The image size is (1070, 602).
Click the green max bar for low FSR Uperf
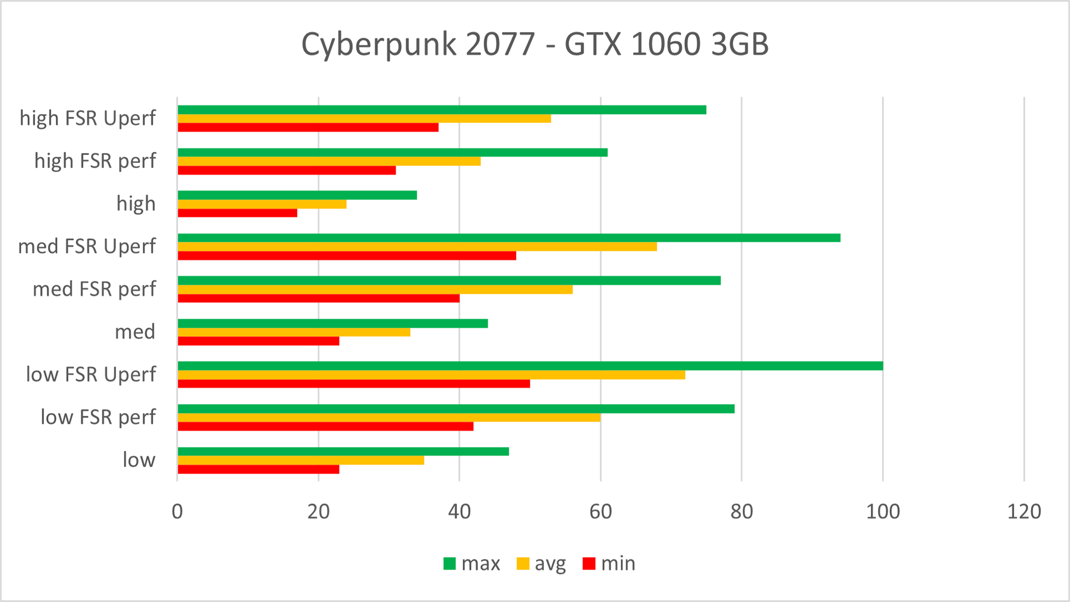coord(529,366)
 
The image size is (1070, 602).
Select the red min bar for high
coord(237,213)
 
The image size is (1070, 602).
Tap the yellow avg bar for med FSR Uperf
coord(417,246)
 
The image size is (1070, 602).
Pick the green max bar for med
coord(333,323)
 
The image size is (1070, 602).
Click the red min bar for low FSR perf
coord(325,426)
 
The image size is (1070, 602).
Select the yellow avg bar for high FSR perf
coord(329,161)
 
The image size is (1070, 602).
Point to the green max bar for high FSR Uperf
coord(442,110)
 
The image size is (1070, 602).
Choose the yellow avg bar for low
coord(301,460)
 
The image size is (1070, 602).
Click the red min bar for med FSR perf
coord(319,298)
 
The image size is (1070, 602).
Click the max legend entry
coord(472,564)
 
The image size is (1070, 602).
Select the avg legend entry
coord(542,564)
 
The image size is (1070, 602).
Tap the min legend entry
coord(609,564)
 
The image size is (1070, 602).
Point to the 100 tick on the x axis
coord(883,512)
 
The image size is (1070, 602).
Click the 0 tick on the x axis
coord(177,512)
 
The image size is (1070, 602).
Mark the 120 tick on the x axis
coord(1024,512)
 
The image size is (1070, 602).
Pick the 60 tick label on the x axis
coord(601,512)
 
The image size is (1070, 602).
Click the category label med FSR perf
coord(94,289)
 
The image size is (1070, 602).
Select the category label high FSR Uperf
coord(87,118)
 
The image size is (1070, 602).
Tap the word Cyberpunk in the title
coord(379,45)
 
